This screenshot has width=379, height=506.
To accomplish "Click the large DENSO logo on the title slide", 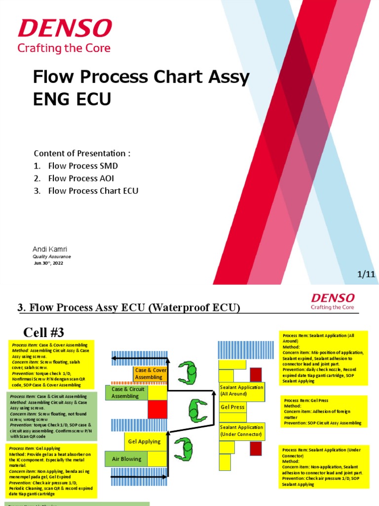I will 64,29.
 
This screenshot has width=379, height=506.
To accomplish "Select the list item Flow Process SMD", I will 83,166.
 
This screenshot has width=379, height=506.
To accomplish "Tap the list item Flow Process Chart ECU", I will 93,191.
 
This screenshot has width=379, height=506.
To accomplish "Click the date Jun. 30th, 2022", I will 48,263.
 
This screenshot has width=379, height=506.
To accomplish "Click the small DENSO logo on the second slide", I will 333,298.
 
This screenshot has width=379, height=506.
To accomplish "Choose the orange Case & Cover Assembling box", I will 150,374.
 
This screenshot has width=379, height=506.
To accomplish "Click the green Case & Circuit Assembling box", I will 126,393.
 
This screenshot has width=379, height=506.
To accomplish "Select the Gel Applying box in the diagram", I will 144,441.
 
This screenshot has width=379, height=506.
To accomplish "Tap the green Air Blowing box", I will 126,459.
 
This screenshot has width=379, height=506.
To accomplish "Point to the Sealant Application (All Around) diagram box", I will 242,390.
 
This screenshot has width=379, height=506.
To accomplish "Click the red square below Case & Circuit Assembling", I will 158,409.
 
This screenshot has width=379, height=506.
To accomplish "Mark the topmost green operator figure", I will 188,371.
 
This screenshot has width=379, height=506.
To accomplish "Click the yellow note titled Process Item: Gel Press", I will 324,411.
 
